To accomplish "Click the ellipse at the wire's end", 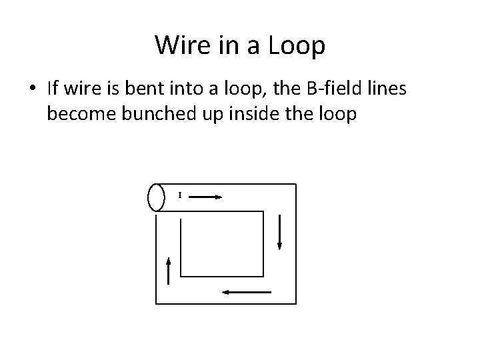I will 156,197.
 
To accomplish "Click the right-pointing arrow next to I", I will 213,197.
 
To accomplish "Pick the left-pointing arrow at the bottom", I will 246,291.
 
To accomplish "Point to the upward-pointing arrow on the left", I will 169,271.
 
